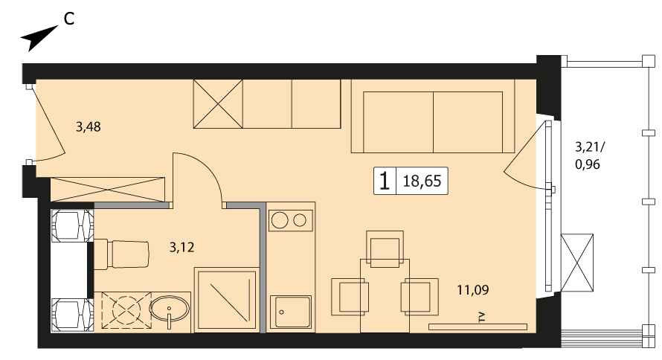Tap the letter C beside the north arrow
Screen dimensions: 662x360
point(69,19)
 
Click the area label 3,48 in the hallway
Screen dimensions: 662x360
point(89,126)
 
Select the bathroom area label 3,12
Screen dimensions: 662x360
point(182,247)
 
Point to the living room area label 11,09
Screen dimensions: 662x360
point(473,289)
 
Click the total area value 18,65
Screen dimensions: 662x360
point(422,181)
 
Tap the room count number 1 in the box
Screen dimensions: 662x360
point(385,181)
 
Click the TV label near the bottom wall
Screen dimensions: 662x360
point(483,318)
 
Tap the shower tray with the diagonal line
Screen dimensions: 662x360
point(226,300)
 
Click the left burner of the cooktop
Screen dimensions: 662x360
point(280,220)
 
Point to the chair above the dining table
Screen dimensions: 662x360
point(385,249)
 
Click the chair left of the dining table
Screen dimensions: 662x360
point(350,296)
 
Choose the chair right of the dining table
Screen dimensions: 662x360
point(420,296)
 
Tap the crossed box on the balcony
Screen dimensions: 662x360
point(577,263)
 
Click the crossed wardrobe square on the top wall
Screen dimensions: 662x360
point(218,104)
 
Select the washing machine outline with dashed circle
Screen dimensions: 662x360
point(126,309)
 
